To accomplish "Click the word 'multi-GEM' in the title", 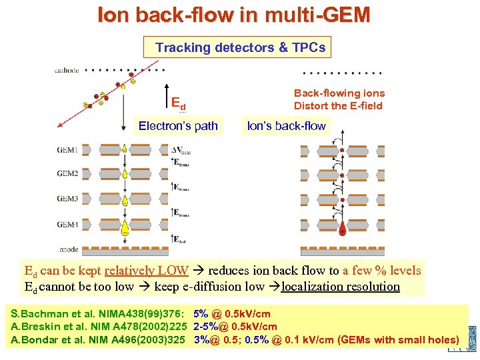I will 319,15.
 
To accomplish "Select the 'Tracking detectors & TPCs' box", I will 241,47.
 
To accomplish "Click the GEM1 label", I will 67,151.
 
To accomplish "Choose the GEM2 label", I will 67,174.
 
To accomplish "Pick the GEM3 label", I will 67,199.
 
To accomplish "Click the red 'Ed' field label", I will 178,104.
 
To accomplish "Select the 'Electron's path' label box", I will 178,126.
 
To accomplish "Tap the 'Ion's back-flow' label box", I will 286,126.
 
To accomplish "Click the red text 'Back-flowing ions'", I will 339,93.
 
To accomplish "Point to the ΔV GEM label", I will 182,150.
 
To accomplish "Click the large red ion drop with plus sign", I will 342,231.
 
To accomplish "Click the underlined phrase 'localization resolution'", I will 341,287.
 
